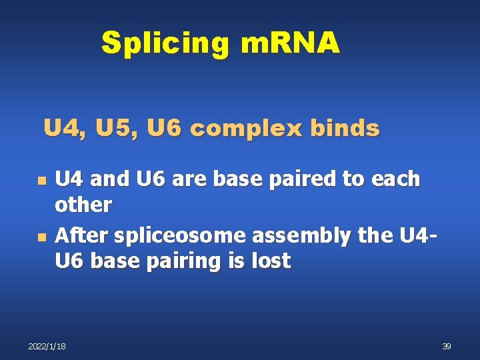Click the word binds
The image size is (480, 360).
click(x=349, y=127)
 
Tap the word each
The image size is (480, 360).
click(x=397, y=179)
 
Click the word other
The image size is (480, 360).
click(x=83, y=205)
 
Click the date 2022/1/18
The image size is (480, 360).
click(x=47, y=346)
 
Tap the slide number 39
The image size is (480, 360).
click(x=447, y=346)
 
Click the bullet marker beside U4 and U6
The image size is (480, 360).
click(x=41, y=181)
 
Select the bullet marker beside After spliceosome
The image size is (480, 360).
click(x=41, y=237)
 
